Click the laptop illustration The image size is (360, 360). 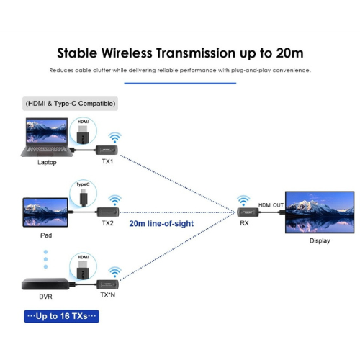click(x=47, y=138)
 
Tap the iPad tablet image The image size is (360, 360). click(x=45, y=212)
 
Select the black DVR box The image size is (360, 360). click(x=45, y=284)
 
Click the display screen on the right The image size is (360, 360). click(x=320, y=212)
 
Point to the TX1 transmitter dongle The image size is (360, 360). click(x=107, y=150)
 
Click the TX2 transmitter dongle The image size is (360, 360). click(x=108, y=212)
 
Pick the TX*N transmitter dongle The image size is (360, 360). click(x=107, y=284)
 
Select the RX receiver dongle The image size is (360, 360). click(x=248, y=212)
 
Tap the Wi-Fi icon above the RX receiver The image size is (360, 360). click(x=243, y=201)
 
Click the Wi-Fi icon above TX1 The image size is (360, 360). click(x=114, y=138)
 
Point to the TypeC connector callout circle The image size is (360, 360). click(x=83, y=194)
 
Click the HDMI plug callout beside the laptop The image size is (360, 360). click(x=83, y=131)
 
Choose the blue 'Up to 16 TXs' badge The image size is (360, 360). click(x=61, y=316)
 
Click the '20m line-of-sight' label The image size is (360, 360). click(x=161, y=224)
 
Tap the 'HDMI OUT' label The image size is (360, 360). click(x=271, y=205)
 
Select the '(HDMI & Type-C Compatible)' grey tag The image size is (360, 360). click(x=70, y=104)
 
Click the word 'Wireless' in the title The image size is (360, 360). click(x=127, y=53)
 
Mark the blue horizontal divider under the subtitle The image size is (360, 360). click(x=180, y=84)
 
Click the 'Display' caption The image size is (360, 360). click(x=320, y=240)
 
